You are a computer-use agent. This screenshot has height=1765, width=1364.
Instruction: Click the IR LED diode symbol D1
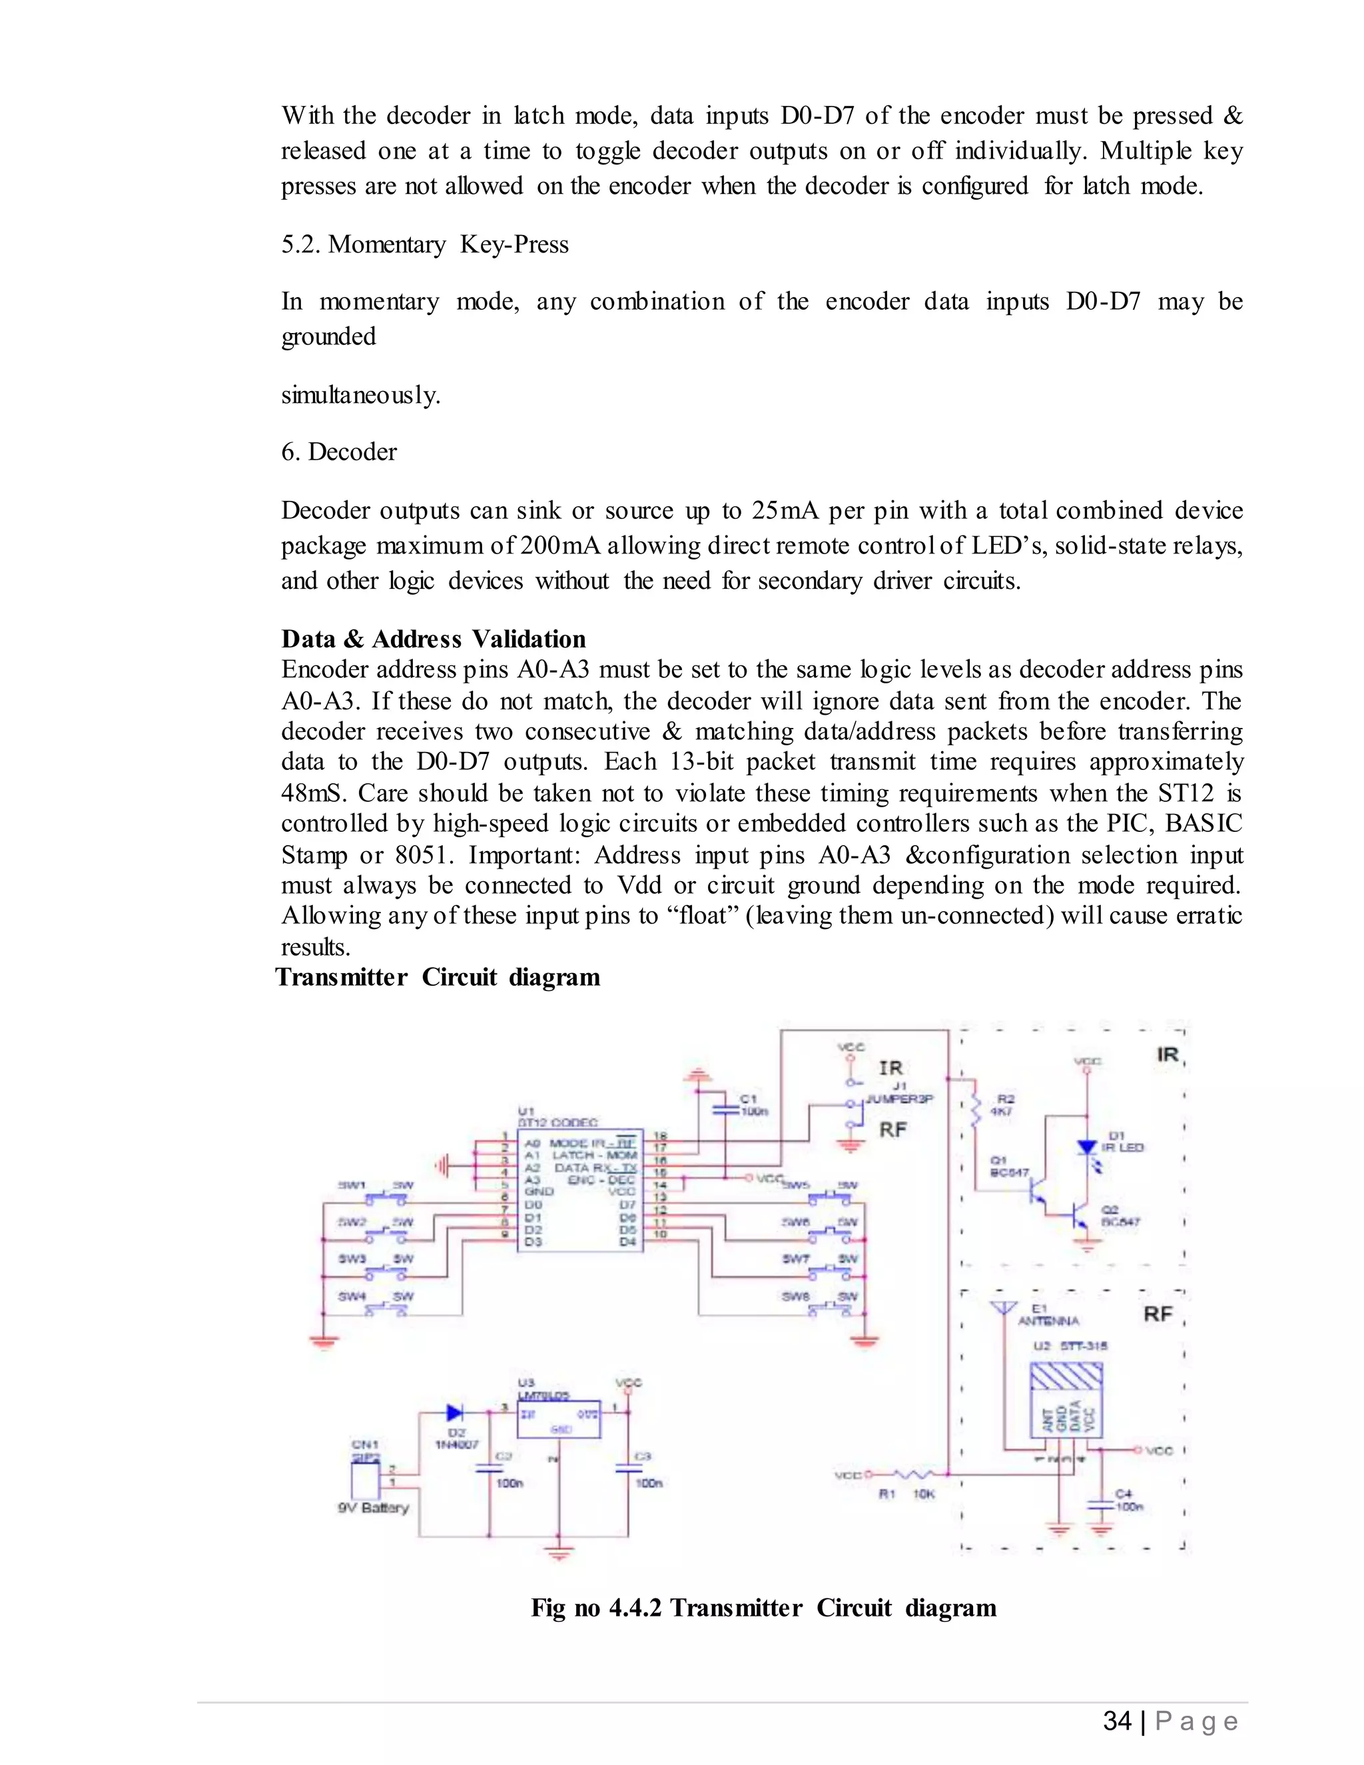tap(1087, 1147)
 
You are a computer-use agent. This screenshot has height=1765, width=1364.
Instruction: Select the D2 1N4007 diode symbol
tap(455, 1413)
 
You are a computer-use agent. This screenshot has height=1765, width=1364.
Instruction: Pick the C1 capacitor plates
tap(726, 1109)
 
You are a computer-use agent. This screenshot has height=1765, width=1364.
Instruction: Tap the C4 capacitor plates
tap(1100, 1505)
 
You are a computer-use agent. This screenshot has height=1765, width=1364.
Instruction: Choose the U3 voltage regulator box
tap(558, 1420)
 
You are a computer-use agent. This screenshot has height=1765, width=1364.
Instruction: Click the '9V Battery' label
tap(374, 1508)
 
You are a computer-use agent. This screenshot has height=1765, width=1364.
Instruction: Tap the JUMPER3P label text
tap(899, 1099)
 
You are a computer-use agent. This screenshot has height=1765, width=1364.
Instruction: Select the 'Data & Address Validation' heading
tap(433, 639)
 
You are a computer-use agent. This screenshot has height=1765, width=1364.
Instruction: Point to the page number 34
tap(1117, 1720)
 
